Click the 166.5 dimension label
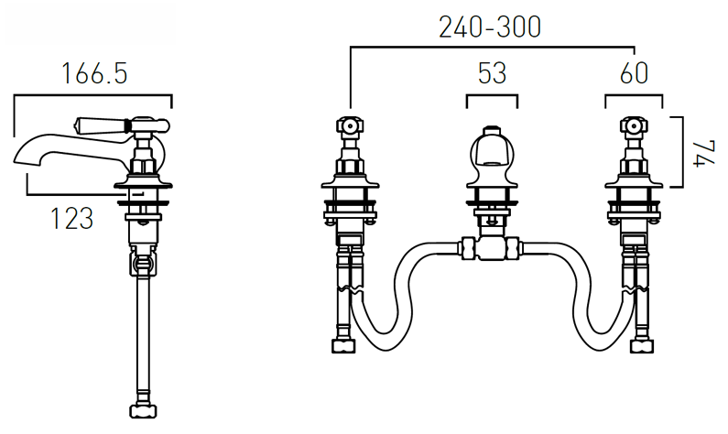pyautogui.click(x=94, y=73)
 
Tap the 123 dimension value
pyautogui.click(x=71, y=219)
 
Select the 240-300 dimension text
pyautogui.click(x=490, y=27)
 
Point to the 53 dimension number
pyautogui.click(x=492, y=73)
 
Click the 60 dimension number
pyautogui.click(x=634, y=73)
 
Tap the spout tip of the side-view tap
pyautogui.click(x=16, y=157)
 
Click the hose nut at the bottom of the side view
pyautogui.click(x=143, y=411)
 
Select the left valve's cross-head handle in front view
pyautogui.click(x=350, y=125)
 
